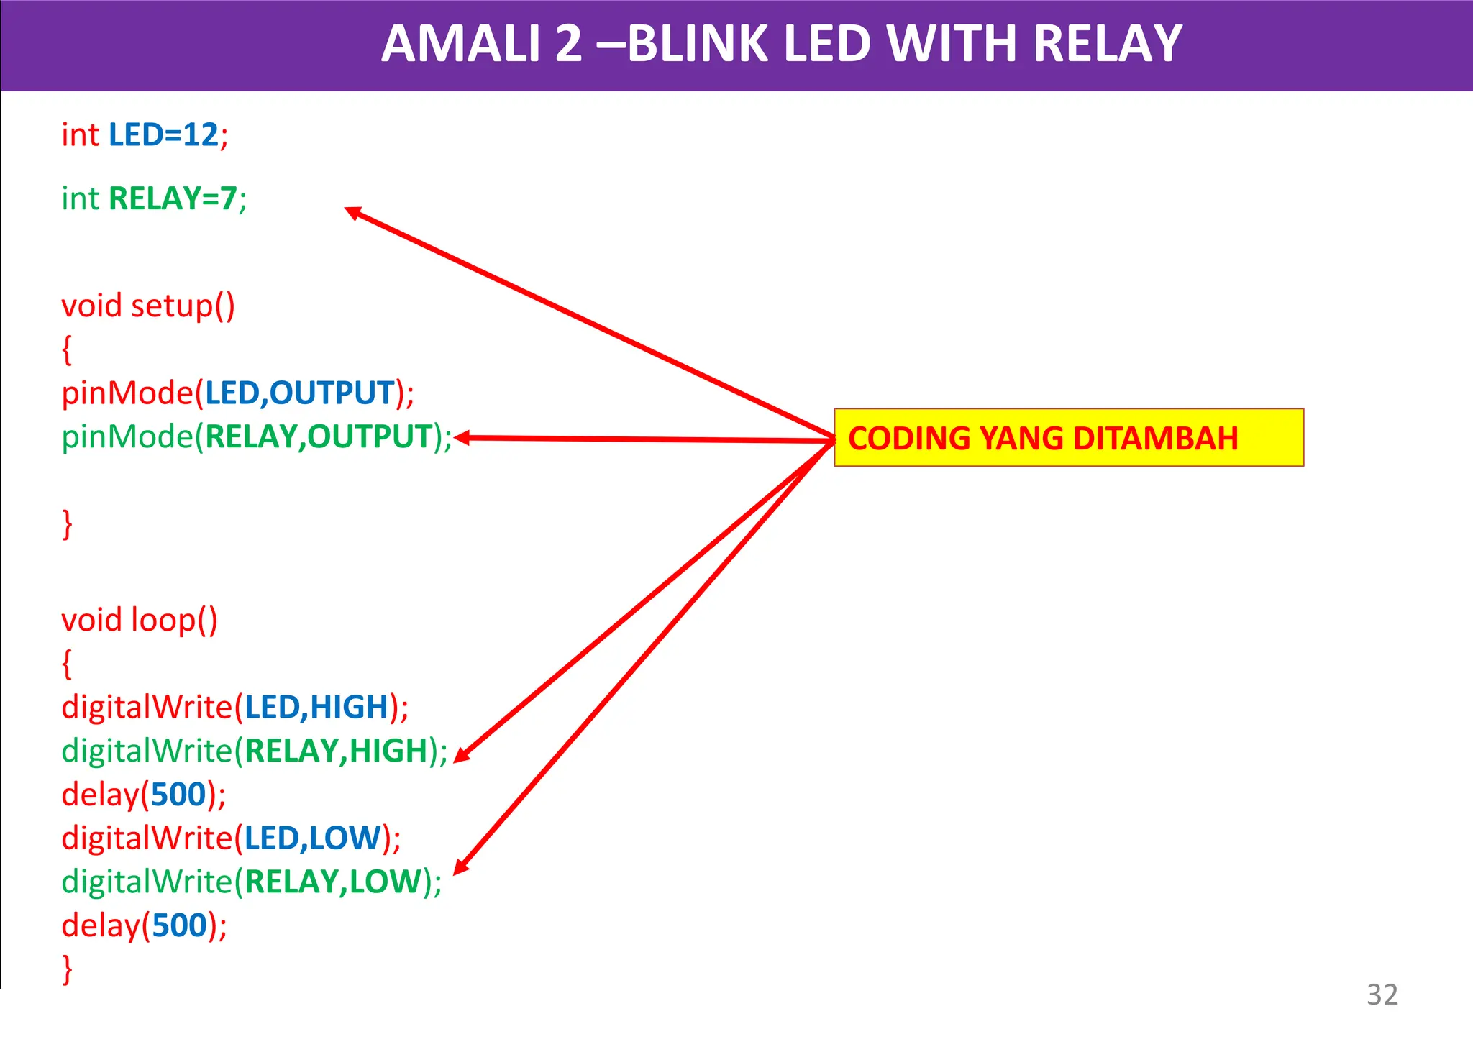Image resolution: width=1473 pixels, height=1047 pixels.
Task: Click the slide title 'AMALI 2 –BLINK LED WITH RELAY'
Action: click(781, 45)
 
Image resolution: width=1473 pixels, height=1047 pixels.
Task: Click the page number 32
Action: click(1382, 995)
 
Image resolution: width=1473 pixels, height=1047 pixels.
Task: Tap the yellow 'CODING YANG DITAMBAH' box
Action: click(1068, 438)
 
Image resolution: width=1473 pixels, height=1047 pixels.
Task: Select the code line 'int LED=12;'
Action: click(145, 135)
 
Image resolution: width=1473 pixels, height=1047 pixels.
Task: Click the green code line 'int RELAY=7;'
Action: click(154, 198)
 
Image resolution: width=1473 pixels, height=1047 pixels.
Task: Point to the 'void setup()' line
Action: click(148, 306)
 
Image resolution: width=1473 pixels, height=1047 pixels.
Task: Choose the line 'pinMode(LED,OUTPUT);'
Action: click(237, 393)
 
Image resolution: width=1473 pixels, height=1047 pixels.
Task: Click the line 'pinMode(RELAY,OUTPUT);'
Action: click(257, 437)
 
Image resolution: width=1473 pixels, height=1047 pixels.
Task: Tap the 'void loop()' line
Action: click(140, 620)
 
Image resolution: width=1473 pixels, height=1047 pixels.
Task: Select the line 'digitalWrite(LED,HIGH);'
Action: click(235, 708)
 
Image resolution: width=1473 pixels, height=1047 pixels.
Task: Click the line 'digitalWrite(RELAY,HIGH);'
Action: click(255, 751)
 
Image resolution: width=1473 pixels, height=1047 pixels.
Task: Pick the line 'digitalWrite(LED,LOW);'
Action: click(231, 838)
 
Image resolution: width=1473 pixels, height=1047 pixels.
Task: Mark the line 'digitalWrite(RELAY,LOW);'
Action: click(252, 882)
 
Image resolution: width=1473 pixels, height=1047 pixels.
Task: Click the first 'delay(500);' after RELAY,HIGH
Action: click(144, 795)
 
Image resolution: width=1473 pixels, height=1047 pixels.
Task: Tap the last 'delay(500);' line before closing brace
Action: click(144, 925)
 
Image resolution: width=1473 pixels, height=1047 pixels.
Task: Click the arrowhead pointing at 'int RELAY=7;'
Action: click(352, 213)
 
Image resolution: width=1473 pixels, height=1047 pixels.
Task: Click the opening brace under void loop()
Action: click(67, 663)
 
